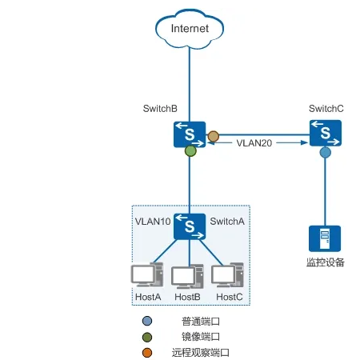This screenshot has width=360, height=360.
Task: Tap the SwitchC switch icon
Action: (x=325, y=132)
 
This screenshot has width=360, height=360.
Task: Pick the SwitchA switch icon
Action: (x=190, y=226)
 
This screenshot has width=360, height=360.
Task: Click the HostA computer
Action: (x=147, y=276)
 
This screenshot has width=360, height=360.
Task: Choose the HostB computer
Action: (x=189, y=277)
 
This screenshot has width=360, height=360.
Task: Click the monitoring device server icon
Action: (x=325, y=238)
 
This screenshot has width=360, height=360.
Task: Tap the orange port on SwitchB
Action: (x=213, y=137)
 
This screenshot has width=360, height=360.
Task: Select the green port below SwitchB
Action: (x=190, y=150)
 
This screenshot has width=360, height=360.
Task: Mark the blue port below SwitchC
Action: (x=325, y=151)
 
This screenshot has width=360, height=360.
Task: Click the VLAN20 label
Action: (x=255, y=142)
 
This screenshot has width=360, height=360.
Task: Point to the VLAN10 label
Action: (x=153, y=221)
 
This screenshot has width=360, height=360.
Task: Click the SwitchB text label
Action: (x=160, y=108)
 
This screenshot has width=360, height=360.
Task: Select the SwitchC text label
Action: (x=326, y=108)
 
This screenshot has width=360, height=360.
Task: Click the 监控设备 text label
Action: (x=325, y=262)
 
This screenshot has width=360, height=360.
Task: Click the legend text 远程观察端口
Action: (x=201, y=352)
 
